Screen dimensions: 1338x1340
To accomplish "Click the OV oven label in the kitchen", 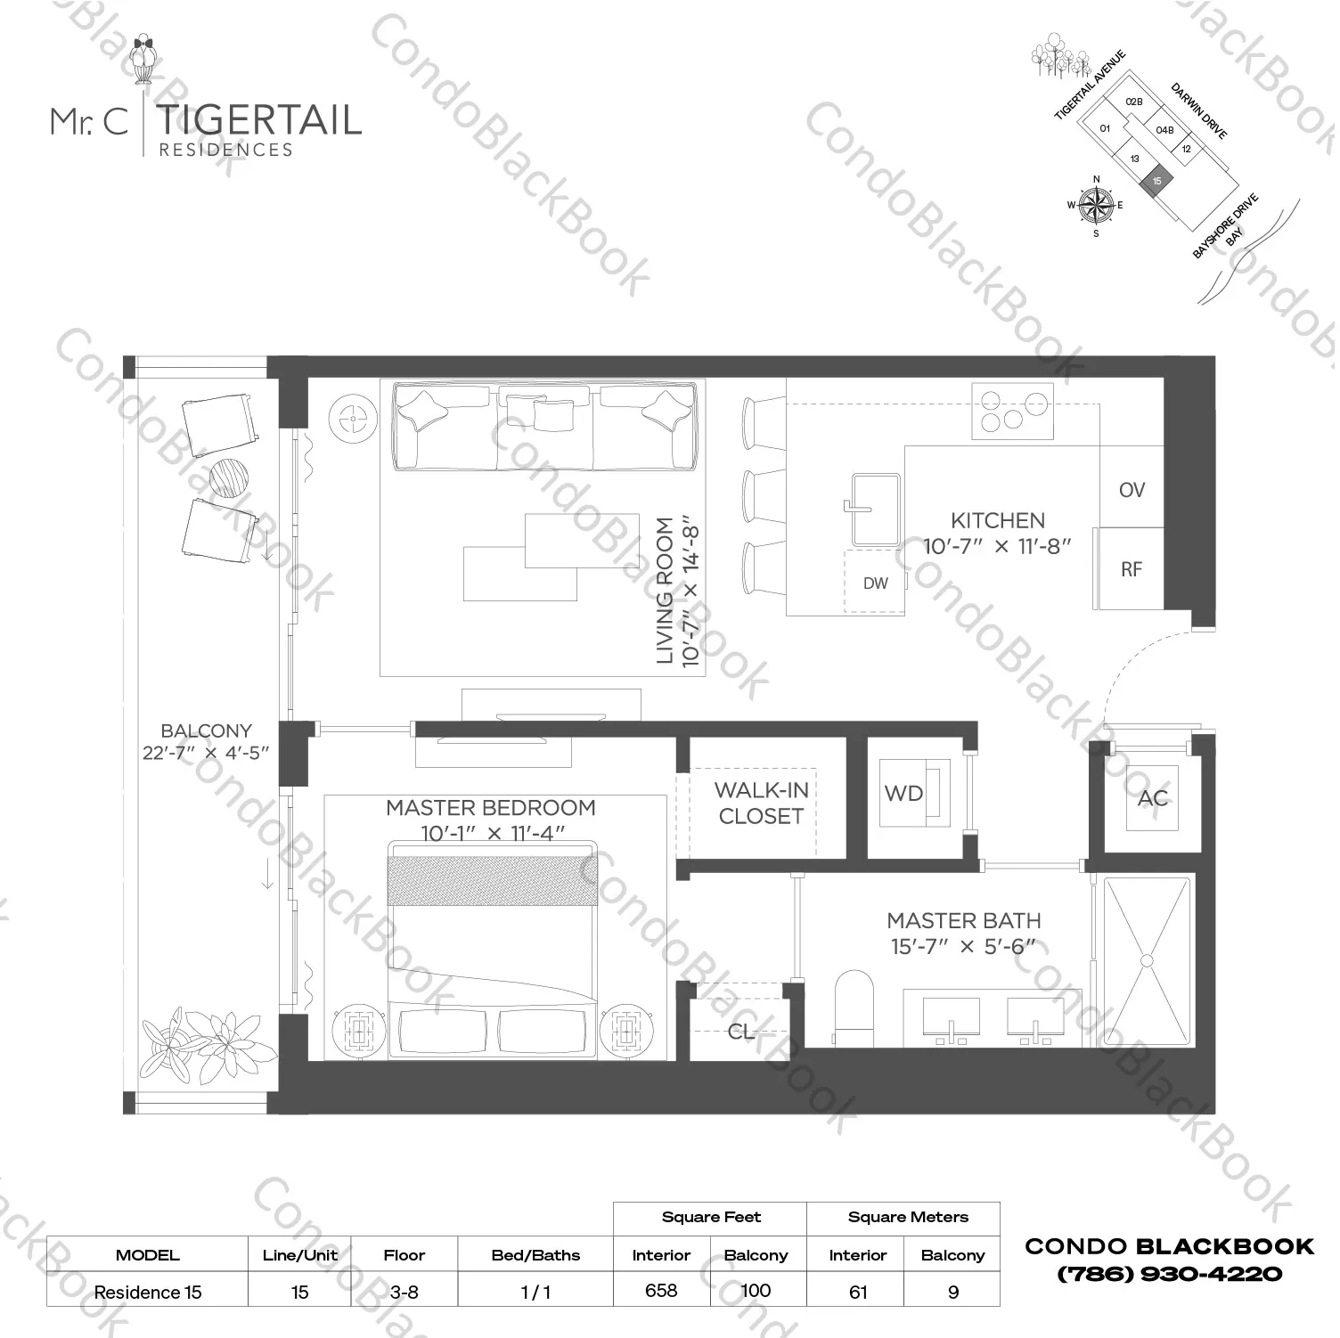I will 1132,490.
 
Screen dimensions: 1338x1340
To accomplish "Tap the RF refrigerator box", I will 1131,569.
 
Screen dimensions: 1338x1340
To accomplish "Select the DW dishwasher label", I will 875,583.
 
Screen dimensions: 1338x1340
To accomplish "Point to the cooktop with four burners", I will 1012,411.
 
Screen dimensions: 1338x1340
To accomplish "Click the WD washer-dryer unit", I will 915,793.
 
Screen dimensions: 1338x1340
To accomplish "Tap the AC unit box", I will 1152,798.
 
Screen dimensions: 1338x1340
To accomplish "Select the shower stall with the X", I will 1147,961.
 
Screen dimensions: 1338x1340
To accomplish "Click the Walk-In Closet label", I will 761,804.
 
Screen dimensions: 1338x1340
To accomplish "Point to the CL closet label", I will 740,1032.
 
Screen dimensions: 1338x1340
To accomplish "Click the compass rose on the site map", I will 1096,206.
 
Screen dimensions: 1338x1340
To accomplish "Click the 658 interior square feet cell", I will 661,1291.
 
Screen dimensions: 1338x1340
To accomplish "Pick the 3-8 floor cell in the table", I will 404,1292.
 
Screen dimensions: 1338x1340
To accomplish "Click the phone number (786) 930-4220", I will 1169,1275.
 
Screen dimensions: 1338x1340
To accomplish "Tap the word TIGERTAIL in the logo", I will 259,120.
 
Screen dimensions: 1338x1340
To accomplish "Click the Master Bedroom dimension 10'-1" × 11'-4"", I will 491,834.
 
